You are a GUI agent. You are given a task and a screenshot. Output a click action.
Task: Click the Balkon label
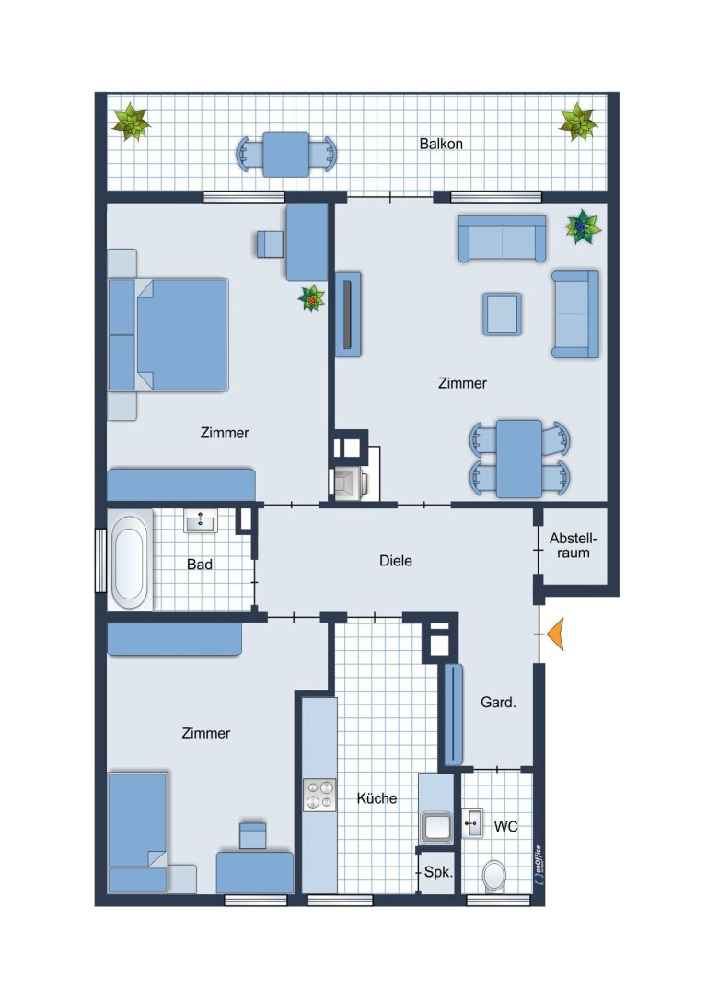[x=440, y=144]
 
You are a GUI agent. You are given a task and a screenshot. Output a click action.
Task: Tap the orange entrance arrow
[x=556, y=634]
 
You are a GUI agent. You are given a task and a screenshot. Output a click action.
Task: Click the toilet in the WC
[x=493, y=875]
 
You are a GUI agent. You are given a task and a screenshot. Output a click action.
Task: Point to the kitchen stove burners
[x=319, y=795]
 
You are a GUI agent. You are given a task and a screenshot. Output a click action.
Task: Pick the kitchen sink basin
[x=435, y=827]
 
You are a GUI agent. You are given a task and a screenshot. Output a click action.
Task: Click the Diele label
[x=396, y=561]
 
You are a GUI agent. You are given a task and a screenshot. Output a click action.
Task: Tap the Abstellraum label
[x=573, y=546]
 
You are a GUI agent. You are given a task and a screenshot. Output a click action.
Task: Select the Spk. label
[x=438, y=871]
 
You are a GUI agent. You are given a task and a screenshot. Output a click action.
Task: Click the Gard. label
[x=498, y=703]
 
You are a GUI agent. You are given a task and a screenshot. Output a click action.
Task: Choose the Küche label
[x=377, y=798]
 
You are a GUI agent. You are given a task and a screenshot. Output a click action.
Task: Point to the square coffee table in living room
[x=503, y=313]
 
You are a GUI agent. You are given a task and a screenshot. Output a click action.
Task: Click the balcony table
[x=286, y=154]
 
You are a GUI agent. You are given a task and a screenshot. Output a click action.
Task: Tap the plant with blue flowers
[x=582, y=227]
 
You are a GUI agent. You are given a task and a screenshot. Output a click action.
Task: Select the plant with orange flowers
[x=312, y=298]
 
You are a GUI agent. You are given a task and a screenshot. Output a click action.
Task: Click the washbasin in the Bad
[x=201, y=521]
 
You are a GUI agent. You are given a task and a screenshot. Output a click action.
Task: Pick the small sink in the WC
[x=472, y=823]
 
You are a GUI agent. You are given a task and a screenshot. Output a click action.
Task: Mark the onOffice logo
[x=539, y=865]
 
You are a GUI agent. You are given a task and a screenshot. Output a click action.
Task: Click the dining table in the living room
[x=519, y=459]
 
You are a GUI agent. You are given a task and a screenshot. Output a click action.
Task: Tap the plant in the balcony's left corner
[x=132, y=122]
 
